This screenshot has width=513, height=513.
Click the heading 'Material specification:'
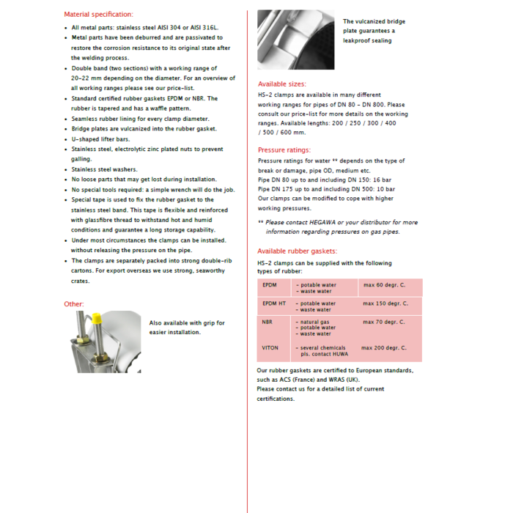coord(98,14)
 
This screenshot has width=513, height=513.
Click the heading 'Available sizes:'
coord(282,84)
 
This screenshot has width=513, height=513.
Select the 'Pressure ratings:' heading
coord(284,150)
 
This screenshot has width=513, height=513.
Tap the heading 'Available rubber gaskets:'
coord(297,251)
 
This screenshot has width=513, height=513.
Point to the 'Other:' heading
coord(74,303)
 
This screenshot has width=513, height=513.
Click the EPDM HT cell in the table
coord(273,303)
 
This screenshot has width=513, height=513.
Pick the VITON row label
coord(270,347)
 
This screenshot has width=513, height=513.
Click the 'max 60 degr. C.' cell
coord(385,284)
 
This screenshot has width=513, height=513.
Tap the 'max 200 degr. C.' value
coord(383,347)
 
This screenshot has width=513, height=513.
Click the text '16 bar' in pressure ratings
coord(387,179)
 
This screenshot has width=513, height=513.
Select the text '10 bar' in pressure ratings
coord(385,188)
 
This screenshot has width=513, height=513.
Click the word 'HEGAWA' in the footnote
coord(339,222)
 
